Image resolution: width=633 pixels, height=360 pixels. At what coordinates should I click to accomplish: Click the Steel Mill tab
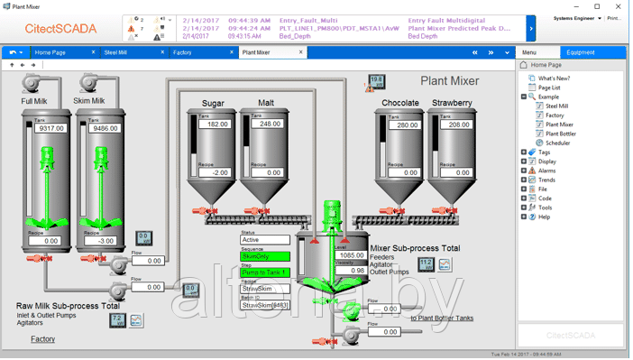[x=116, y=52]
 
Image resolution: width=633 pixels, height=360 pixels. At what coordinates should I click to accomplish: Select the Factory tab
[x=183, y=52]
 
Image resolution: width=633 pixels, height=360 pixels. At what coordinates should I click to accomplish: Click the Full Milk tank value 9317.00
[x=50, y=128]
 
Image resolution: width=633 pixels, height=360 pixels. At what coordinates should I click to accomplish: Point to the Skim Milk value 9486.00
[x=105, y=128]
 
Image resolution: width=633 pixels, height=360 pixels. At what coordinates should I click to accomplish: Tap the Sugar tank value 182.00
[x=216, y=124]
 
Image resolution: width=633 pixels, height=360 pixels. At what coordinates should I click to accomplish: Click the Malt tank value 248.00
[x=270, y=124]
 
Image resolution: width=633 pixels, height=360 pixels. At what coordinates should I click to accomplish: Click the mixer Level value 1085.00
[x=351, y=255]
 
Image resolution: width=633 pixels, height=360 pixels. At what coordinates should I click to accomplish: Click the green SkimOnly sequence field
[x=264, y=256]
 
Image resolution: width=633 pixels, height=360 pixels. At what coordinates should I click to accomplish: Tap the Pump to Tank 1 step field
[x=264, y=272]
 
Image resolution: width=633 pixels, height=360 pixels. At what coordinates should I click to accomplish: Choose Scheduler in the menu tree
[x=558, y=143]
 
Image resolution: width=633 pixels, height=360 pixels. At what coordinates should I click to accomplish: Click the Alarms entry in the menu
[x=547, y=171]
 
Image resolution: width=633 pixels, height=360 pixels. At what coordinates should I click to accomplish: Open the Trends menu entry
[x=547, y=180]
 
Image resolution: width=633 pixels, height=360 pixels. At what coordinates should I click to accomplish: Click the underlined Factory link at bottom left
[x=42, y=339]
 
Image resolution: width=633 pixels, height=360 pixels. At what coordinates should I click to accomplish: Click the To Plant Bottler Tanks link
[x=442, y=318]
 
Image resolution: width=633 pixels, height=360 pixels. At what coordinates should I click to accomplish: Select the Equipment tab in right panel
[x=580, y=52]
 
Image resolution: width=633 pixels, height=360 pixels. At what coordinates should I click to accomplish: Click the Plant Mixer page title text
[x=450, y=81]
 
